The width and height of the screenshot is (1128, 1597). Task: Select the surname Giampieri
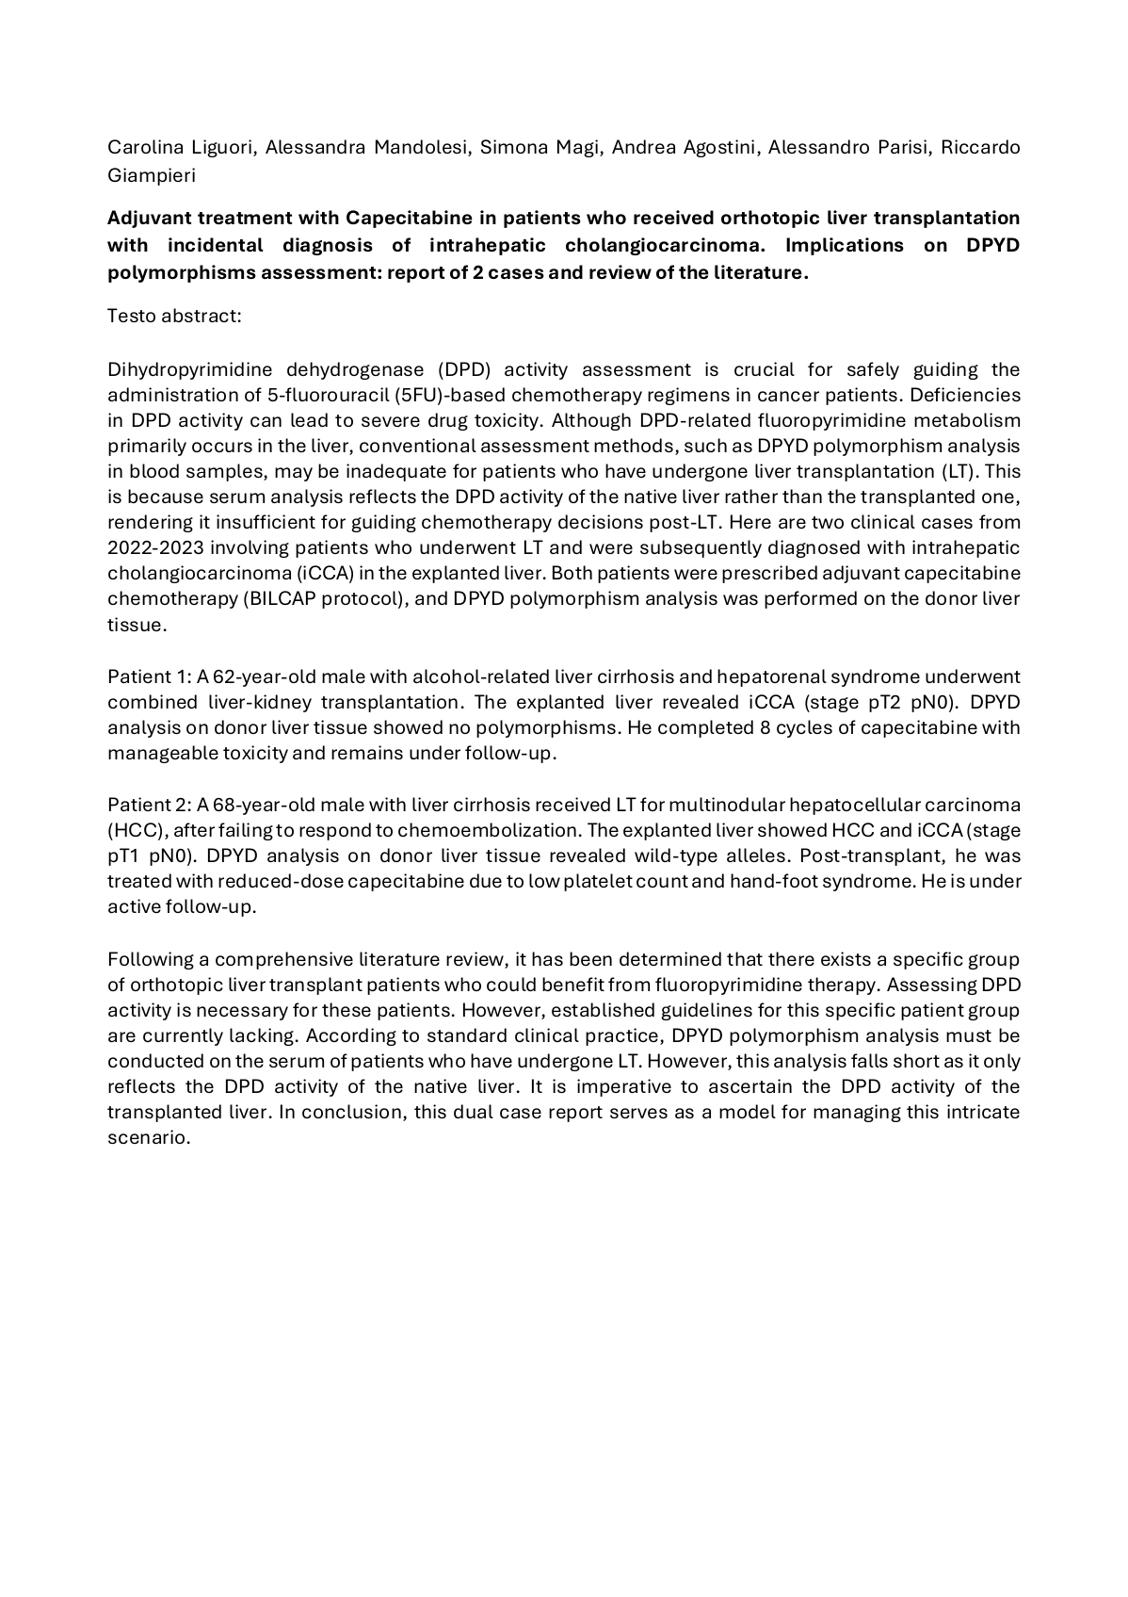151,174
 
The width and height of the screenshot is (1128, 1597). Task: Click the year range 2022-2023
162,548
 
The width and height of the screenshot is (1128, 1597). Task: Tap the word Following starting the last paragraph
158,960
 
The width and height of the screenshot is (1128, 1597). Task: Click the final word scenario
149,1138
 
